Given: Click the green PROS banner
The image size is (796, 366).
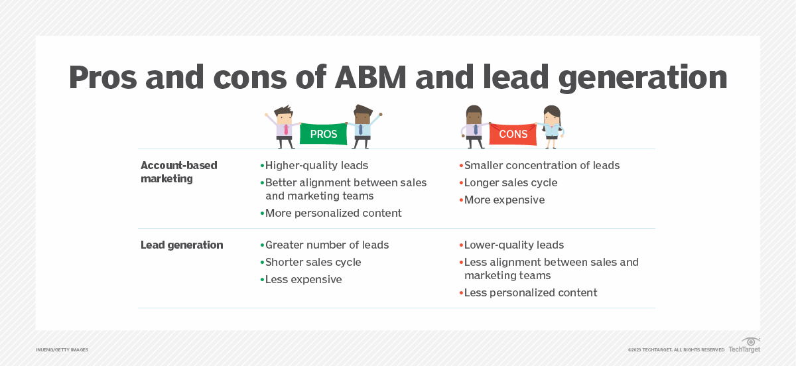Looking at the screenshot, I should pos(324,134).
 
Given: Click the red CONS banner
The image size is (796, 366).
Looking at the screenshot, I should pos(513,134).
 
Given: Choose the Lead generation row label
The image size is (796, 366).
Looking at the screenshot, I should pos(182,245).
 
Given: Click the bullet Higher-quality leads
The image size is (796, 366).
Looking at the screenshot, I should pos(316,165).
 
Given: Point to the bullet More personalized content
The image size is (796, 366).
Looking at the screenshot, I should pos(333,213).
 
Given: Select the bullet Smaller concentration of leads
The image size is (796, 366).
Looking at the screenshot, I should pos(541,165).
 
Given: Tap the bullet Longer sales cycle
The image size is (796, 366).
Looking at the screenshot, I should pos(510,182).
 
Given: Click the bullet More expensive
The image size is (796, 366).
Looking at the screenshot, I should pos(504,200).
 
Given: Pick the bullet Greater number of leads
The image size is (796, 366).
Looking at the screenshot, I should pos(326,245).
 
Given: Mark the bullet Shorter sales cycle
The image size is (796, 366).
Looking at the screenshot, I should pos(312,262).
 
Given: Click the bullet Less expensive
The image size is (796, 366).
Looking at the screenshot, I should pos(303,279).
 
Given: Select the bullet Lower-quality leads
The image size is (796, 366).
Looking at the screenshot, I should pos(513,245).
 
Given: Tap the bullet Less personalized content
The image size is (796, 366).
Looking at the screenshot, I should pos(530,292).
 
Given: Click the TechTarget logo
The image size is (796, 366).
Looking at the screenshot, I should pos(744,345).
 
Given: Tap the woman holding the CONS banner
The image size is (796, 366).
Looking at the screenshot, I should pos(551,127).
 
